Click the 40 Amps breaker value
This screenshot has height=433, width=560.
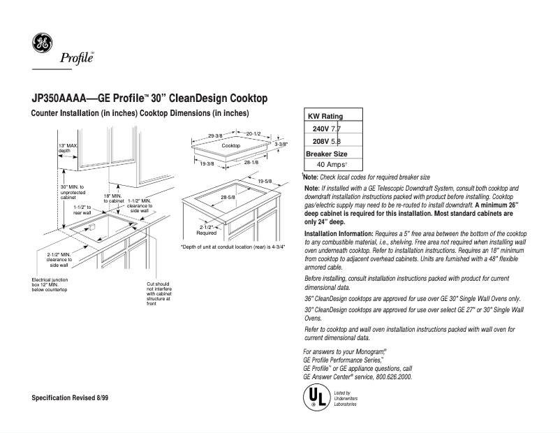(332, 164)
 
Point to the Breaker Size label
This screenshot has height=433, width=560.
(327, 154)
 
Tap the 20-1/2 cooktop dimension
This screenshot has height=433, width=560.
(253, 134)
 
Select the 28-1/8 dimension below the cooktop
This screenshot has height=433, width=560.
(251, 162)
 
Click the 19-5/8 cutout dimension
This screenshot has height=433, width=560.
(265, 181)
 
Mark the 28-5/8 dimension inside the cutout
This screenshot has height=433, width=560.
(228, 198)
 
